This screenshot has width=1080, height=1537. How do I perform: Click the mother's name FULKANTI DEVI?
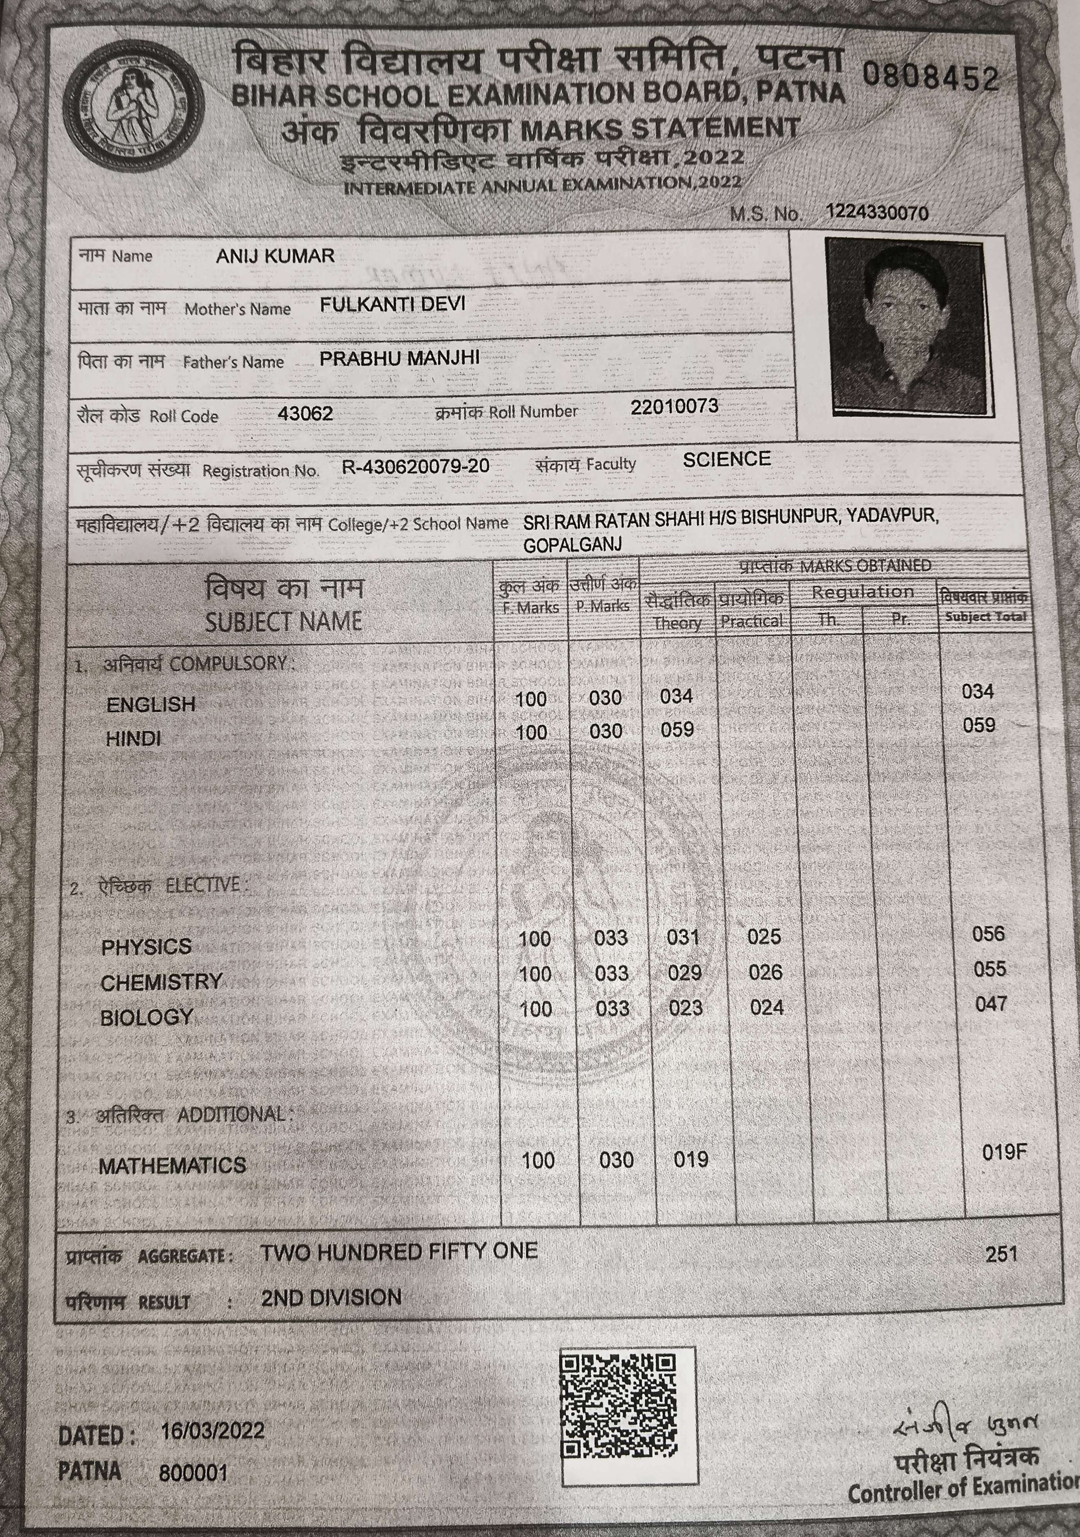click(392, 304)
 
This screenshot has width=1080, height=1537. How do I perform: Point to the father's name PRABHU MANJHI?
click(399, 358)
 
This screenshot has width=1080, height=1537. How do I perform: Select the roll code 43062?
click(305, 413)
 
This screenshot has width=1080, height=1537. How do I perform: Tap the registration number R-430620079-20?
click(416, 466)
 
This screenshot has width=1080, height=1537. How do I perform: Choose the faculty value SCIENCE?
click(727, 459)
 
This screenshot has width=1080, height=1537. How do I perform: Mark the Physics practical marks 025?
click(764, 937)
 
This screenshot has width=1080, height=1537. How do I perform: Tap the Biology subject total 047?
click(990, 1004)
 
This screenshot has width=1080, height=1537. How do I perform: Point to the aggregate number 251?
click(1001, 1254)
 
